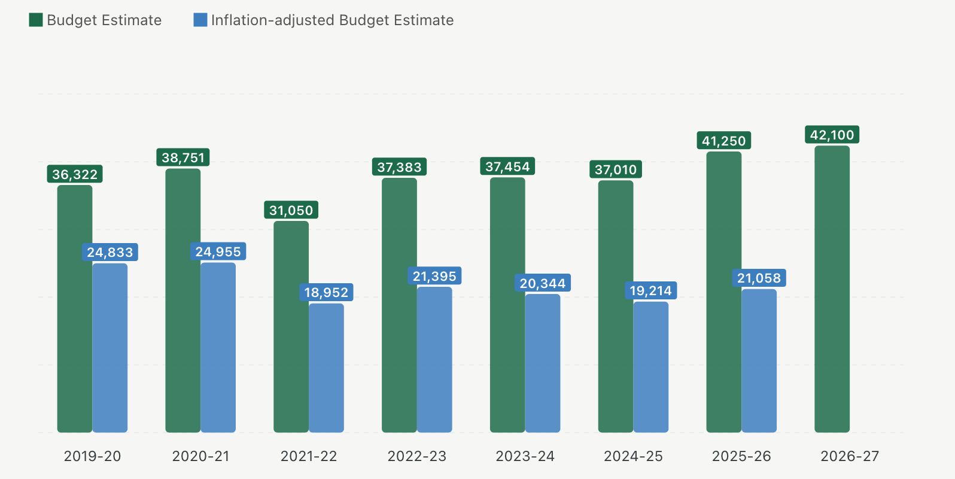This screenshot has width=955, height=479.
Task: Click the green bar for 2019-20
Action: [75, 308]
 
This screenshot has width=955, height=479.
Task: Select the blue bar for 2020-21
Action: [218, 347]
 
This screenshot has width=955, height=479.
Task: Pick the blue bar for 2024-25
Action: [650, 366]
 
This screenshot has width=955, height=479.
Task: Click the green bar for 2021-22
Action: [291, 326]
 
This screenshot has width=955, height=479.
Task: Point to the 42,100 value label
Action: [832, 135]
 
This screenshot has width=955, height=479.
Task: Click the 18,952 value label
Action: [326, 292]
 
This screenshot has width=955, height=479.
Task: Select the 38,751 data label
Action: [183, 157]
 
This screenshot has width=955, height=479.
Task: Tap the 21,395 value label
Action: [434, 276]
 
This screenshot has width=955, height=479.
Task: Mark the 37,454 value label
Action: [507, 166]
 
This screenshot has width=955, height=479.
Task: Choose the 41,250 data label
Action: [723, 141]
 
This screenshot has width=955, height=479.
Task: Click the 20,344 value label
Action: [542, 283]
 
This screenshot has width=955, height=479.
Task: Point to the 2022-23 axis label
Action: [416, 456]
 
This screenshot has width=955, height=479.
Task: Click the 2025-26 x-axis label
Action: [741, 456]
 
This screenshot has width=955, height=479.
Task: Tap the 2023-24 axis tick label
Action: [525, 456]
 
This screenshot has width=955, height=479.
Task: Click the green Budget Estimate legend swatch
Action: [36, 20]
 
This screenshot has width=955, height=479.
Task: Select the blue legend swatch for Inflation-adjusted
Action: [200, 20]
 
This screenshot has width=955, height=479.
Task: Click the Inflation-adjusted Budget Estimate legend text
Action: [332, 20]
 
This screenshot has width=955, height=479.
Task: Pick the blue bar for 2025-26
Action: [759, 360]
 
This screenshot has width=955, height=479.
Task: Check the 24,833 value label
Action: [110, 252]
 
